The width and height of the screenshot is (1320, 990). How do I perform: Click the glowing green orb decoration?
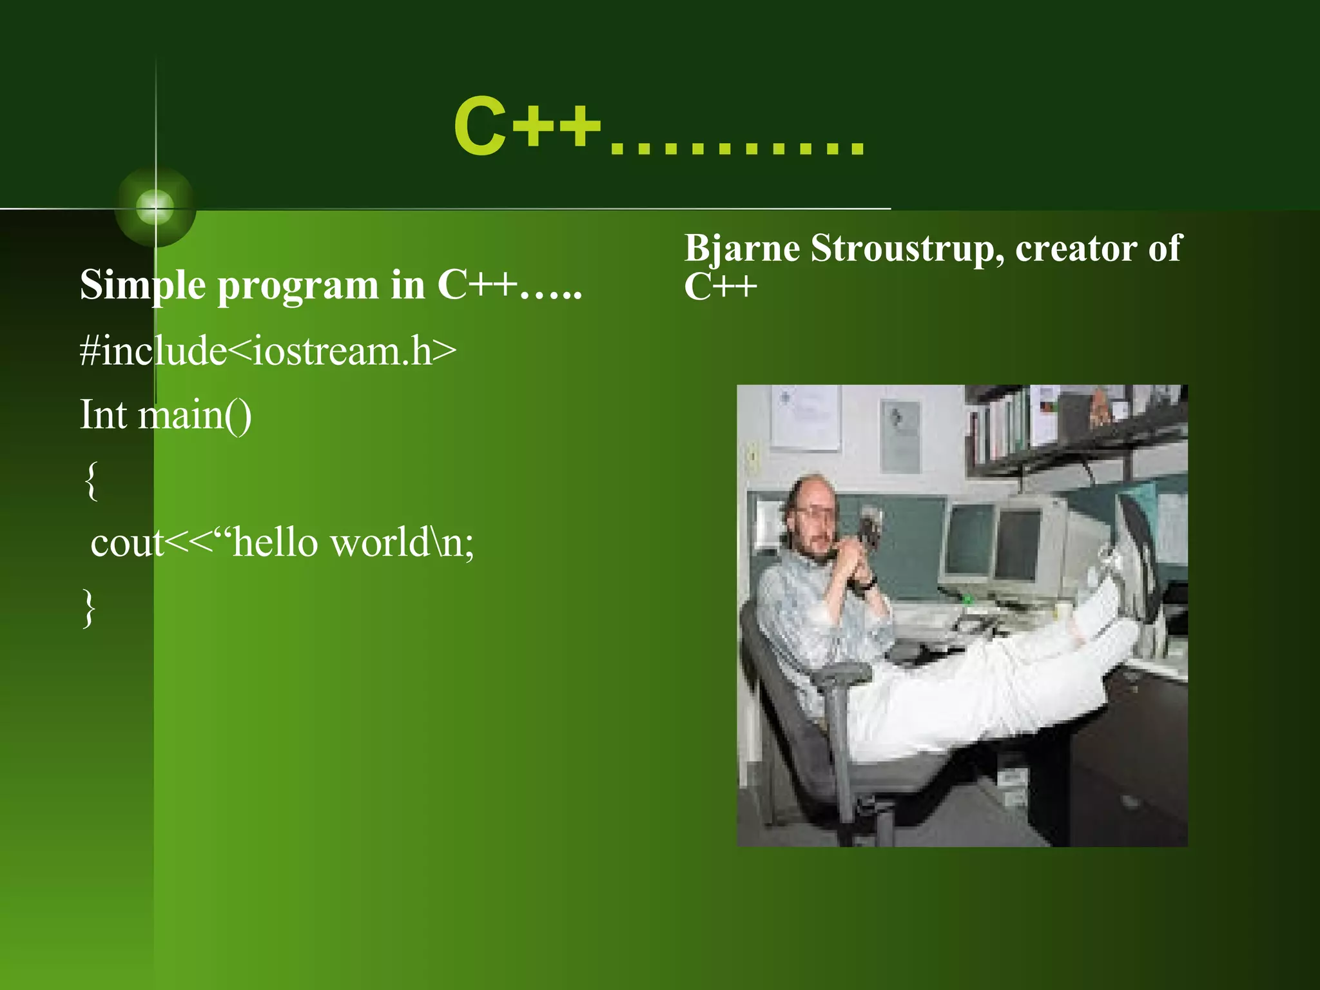click(155, 207)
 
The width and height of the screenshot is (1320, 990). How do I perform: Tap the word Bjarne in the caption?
click(741, 249)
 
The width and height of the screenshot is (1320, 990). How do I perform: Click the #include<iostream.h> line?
click(267, 351)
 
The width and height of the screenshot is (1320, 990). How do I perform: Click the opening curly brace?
click(92, 480)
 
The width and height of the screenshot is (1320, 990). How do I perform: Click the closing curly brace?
click(90, 607)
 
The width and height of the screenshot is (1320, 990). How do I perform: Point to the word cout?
click(127, 543)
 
